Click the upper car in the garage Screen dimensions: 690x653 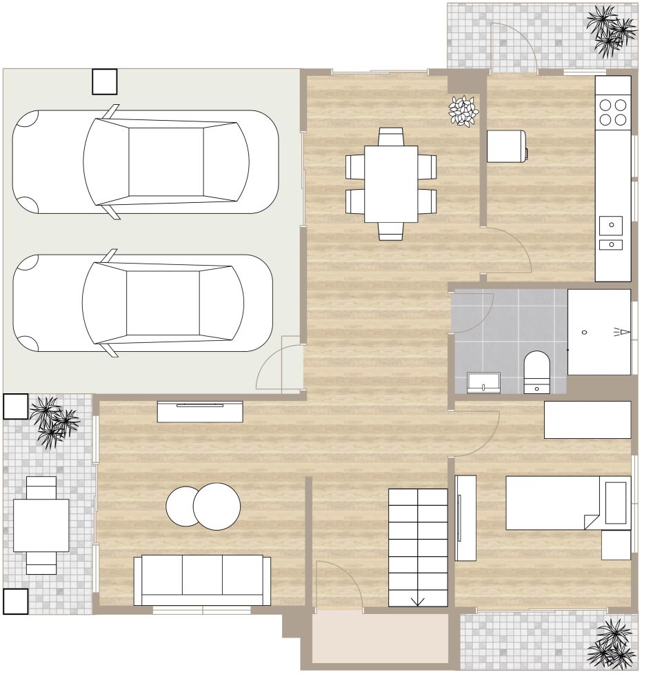pos(145,162)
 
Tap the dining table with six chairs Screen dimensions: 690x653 pos(391,184)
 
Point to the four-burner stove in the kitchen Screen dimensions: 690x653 pos(613,112)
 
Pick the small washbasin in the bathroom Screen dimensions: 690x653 pos(484,382)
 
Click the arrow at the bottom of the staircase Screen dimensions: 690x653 pos(418,600)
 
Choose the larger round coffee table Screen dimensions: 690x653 pos(217,506)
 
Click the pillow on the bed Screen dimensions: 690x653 pos(616,502)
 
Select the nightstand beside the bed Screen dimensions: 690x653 pos(616,544)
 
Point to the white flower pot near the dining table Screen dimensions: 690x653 pos(463,110)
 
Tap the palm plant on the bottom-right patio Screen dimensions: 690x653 pos(611,644)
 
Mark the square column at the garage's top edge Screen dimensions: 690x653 pos(105,81)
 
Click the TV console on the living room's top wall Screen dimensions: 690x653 pos(200,411)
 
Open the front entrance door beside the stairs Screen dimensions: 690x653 pos(339,586)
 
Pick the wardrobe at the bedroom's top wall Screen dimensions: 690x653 pos(587,420)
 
